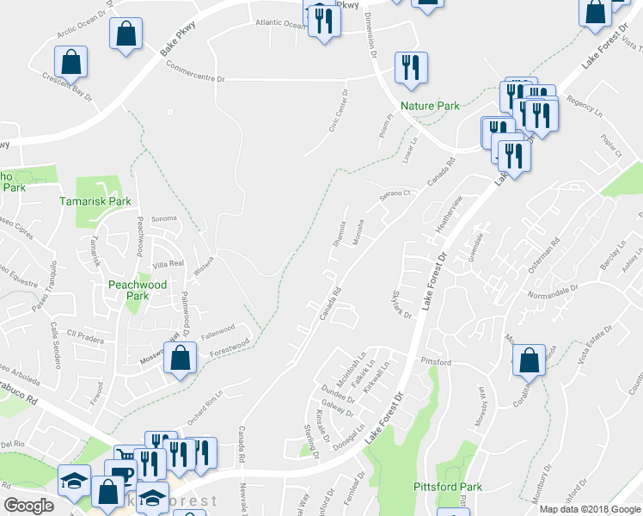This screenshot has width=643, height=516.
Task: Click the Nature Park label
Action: click(x=430, y=106)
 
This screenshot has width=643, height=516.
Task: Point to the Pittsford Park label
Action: click(x=470, y=487)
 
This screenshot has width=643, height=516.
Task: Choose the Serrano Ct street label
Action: click(x=397, y=197)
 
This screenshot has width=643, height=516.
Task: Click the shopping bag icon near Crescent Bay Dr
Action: click(x=70, y=62)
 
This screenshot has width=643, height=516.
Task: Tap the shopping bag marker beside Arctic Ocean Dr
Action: click(x=126, y=34)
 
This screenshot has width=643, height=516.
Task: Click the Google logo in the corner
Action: click(x=28, y=506)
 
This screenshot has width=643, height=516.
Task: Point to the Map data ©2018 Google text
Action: click(x=590, y=509)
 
